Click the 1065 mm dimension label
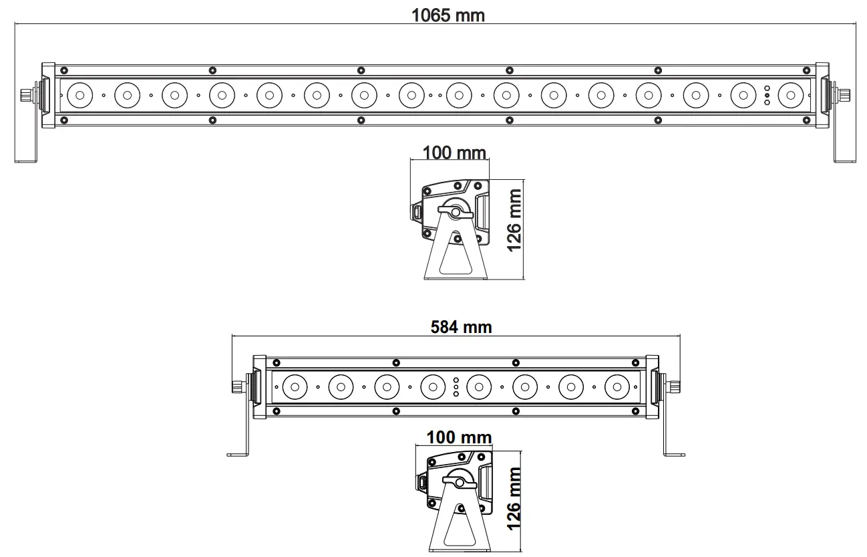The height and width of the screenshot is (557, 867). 448,15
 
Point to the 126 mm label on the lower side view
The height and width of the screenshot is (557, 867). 514,498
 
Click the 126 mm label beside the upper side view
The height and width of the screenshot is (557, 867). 514,221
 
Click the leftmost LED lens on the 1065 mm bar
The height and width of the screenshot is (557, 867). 79,96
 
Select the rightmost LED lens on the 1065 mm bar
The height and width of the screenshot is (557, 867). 790,96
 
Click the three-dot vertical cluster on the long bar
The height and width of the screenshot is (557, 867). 767,96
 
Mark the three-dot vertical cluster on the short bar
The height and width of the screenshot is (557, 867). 456,386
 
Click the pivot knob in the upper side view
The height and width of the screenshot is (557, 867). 456,212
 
